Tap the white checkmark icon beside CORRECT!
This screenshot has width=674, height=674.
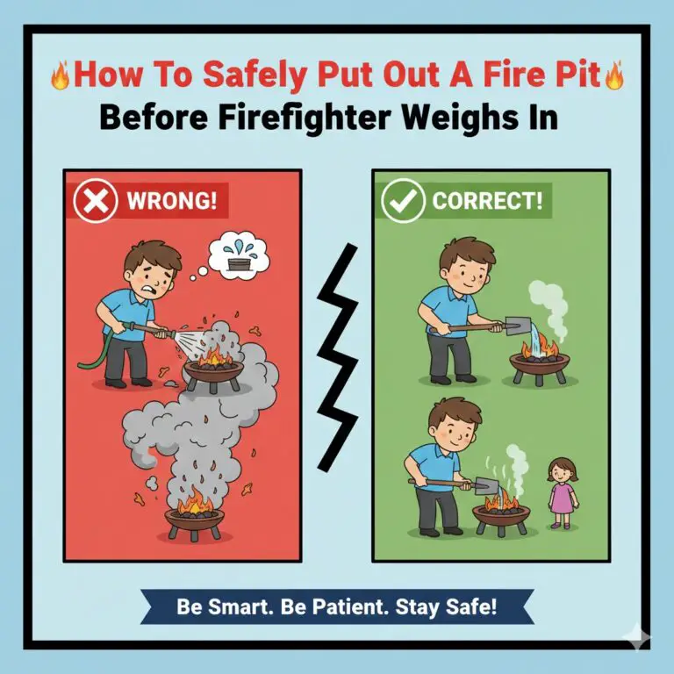coord(403,202)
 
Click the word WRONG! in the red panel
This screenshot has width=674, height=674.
coord(171,202)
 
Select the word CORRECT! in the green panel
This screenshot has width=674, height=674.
coord(487,202)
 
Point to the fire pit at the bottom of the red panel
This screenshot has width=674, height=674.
coord(194,518)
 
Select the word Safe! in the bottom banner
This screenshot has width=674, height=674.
coord(469,607)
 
